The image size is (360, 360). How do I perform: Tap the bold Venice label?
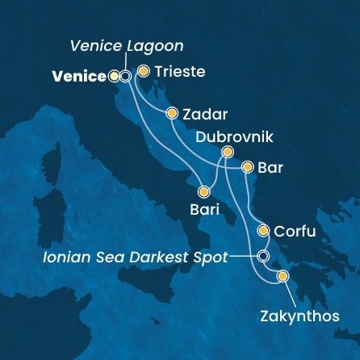pos(79,77)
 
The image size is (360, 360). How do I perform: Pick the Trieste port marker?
pos(144,71)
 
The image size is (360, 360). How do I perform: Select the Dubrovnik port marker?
pos(228,151)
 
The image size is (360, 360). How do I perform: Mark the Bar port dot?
pos(248,168)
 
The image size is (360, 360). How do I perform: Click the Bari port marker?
pos(203,192)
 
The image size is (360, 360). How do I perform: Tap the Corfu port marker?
pos(263,231)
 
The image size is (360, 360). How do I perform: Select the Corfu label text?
pos(294,232)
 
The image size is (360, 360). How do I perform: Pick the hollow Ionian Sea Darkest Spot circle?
pos(263,256)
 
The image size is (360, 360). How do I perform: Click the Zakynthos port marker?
pos(283,277)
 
